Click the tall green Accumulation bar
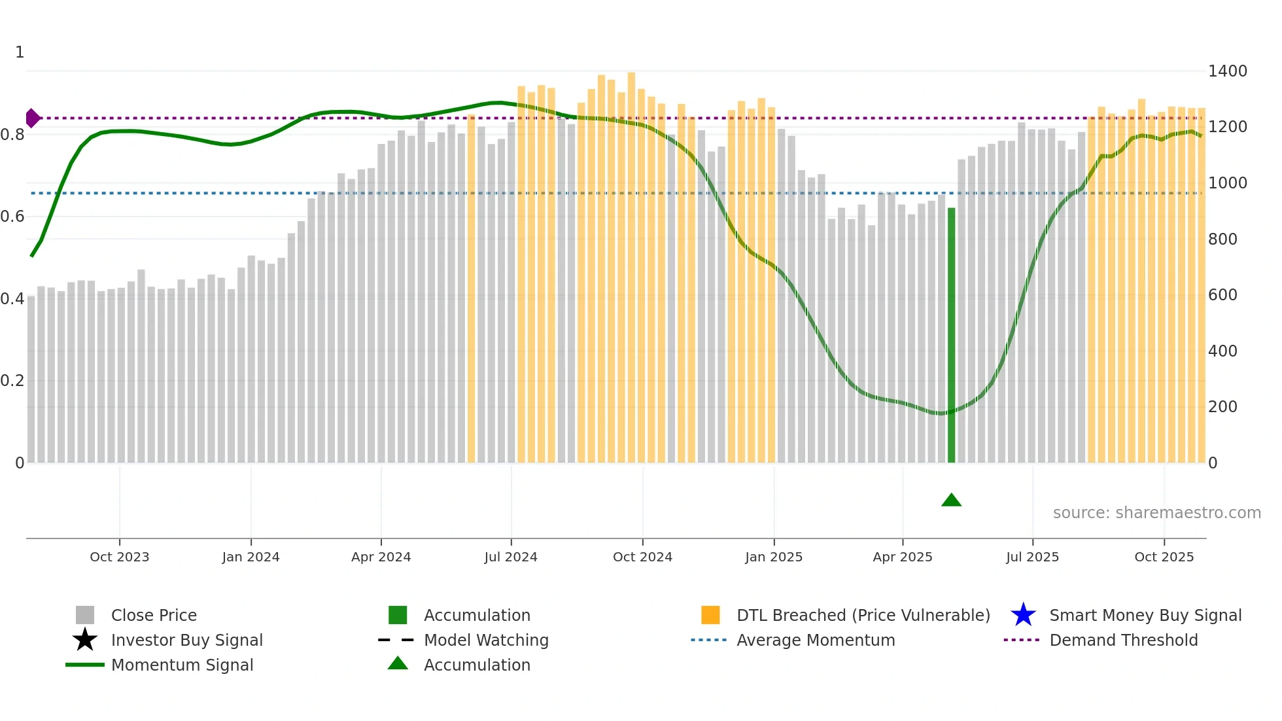coord(951,335)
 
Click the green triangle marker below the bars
coord(951,501)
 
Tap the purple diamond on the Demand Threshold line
coord(32,118)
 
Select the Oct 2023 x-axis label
coord(120,557)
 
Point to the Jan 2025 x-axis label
coord(774,557)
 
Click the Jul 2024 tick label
coord(511,557)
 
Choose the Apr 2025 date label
coord(903,557)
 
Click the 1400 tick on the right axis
coord(1228,71)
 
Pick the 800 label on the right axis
coord(1222,239)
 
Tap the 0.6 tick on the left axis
coord(12,217)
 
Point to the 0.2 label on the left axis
coord(12,381)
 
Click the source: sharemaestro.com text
coord(1156,513)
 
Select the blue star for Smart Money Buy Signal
coord(1023,615)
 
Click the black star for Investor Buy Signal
coord(85,640)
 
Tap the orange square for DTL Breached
coord(710,615)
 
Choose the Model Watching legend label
coord(486,640)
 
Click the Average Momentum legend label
coord(816,640)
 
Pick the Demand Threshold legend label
coord(1123,640)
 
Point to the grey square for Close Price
coord(85,615)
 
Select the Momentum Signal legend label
coord(182,665)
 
